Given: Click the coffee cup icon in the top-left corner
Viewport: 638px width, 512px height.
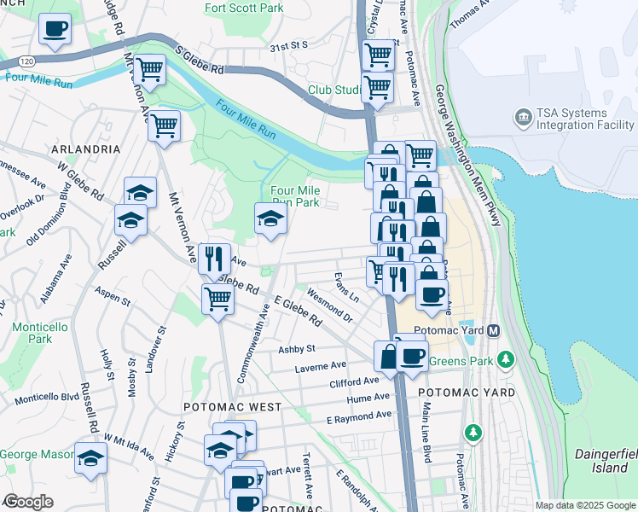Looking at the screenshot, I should click(x=55, y=29).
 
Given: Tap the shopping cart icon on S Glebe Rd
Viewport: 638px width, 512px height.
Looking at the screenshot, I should click(x=149, y=70).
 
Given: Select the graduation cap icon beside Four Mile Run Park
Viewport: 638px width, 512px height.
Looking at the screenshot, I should click(x=270, y=218).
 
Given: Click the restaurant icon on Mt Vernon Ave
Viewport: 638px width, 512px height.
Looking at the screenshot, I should click(x=214, y=257).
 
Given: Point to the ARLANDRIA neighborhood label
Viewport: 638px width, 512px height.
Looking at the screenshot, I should click(x=86, y=148).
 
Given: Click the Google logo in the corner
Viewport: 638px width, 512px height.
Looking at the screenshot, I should click(x=27, y=502).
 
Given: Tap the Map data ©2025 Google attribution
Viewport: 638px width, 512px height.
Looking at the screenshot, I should click(x=584, y=505).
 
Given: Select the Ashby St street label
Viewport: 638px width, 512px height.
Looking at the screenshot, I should click(x=297, y=349).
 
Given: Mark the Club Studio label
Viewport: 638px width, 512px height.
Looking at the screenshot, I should click(x=336, y=90).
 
